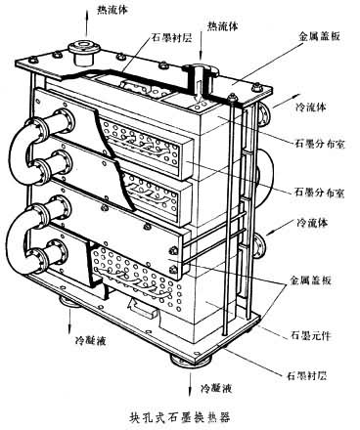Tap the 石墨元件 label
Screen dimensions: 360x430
click(310, 335)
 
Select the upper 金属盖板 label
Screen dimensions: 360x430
click(319, 36)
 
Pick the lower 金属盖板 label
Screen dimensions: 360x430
click(311, 279)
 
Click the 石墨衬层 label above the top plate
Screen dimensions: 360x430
click(171, 38)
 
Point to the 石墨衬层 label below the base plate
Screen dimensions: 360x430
click(306, 376)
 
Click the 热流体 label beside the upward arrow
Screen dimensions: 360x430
click(112, 10)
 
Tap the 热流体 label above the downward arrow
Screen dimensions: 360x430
click(223, 26)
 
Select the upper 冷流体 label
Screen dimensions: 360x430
click(310, 107)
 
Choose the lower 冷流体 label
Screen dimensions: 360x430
click(312, 223)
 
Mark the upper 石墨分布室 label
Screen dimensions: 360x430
click(319, 144)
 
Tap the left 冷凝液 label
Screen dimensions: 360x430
click(90, 341)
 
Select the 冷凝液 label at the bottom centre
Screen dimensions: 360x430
click(216, 388)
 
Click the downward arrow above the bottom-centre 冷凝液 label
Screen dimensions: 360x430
click(190, 384)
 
